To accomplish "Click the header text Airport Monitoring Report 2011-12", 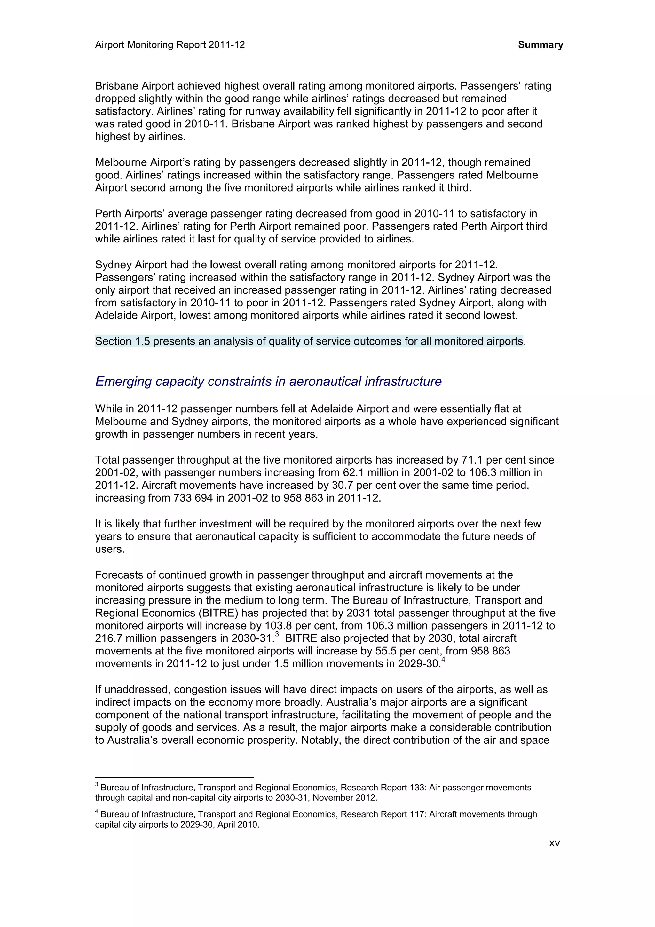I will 170,45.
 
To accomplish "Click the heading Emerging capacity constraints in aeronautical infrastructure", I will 268,381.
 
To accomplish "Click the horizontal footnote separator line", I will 174,776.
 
